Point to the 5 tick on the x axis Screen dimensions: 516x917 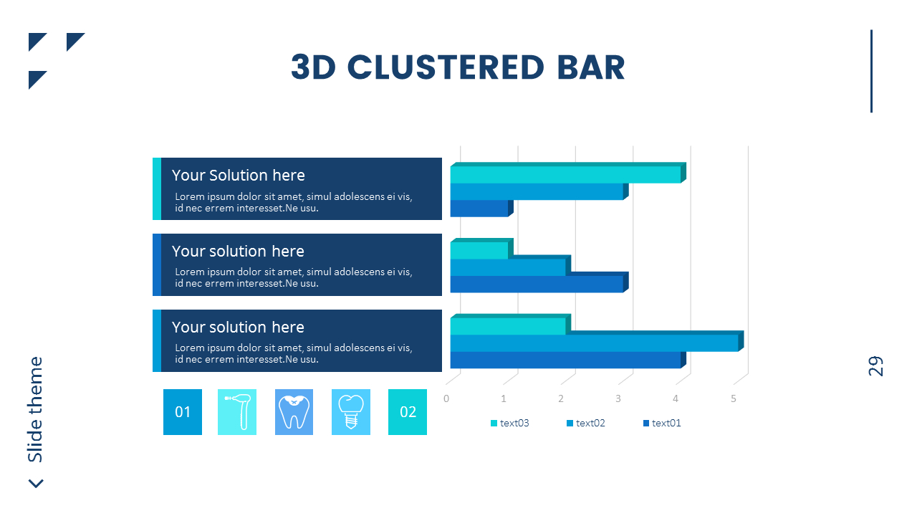(734, 398)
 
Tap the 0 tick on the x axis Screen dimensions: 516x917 (446, 398)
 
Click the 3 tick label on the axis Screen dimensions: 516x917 (618, 398)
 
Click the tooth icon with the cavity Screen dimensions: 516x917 (294, 412)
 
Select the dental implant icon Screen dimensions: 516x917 (351, 412)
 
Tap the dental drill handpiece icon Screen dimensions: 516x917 (237, 412)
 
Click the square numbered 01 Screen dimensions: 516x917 (183, 412)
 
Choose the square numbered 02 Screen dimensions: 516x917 (408, 412)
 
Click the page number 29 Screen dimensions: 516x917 (875, 365)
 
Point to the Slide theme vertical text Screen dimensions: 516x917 (35, 409)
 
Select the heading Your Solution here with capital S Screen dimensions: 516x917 (238, 176)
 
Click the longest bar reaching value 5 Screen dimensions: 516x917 (593, 343)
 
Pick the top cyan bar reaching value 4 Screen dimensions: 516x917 (565, 175)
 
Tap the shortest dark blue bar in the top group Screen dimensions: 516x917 (479, 209)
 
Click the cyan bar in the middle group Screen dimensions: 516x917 (479, 251)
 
